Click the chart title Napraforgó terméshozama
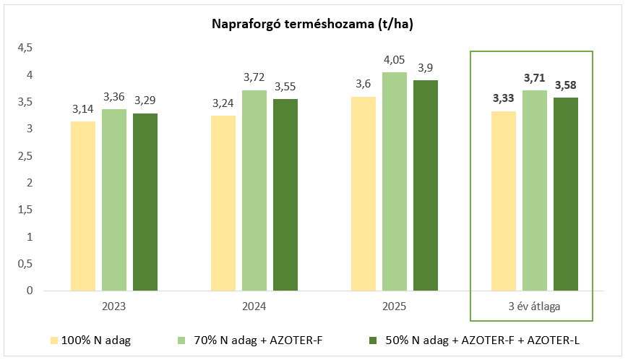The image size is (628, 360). (x=312, y=25)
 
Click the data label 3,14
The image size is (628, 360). (x=83, y=110)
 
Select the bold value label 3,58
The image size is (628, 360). (x=566, y=85)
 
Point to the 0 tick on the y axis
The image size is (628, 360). (x=30, y=291)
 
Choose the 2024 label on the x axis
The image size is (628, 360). (x=254, y=307)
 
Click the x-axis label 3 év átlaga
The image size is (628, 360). (x=535, y=307)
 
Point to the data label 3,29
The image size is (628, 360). (x=145, y=101)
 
